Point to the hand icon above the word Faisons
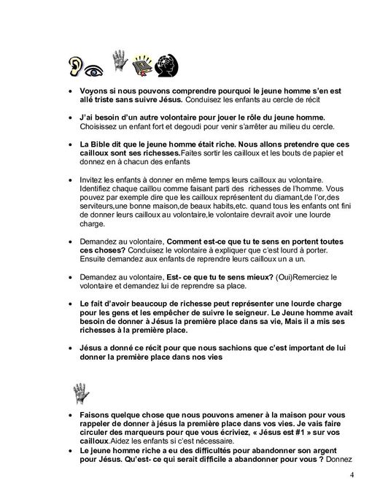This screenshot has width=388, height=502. click(80, 394)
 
